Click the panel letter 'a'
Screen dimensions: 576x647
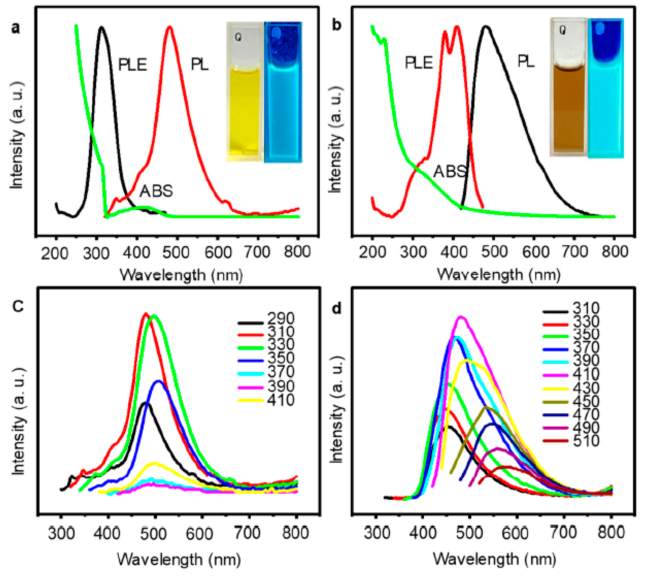click(x=15, y=29)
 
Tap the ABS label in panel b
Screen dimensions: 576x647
click(x=449, y=172)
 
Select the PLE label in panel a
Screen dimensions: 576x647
click(x=132, y=65)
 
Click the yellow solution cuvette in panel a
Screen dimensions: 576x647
click(x=244, y=92)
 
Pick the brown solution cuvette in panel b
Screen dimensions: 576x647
click(x=568, y=87)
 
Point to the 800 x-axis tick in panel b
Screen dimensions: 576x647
click(x=614, y=252)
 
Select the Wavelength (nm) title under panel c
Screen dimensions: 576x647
click(x=179, y=560)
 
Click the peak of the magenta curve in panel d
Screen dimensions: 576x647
click(x=461, y=317)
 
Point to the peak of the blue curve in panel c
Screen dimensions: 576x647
click(x=158, y=381)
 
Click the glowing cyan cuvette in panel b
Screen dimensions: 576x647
click(x=606, y=89)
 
